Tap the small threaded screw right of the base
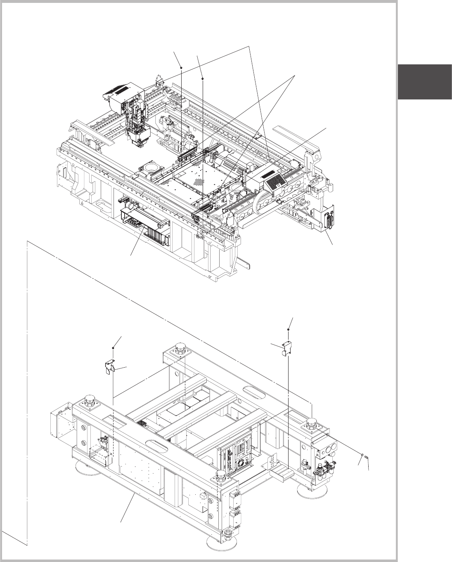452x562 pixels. (366, 457)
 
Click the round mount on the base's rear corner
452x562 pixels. (180, 347)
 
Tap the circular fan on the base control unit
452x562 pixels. (241, 461)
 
